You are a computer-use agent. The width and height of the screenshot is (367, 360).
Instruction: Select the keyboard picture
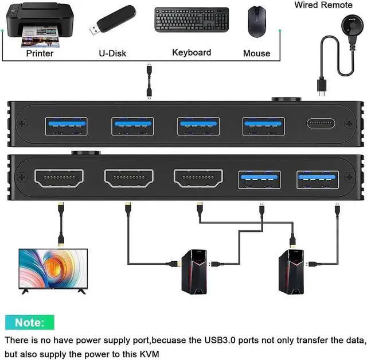pyautogui.click(x=191, y=20)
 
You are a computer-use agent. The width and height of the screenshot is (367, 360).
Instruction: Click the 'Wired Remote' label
pyautogui.click(x=324, y=5)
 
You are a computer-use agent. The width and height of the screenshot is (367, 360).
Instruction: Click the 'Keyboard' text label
pyautogui.click(x=192, y=53)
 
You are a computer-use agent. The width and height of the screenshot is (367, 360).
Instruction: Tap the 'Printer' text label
pyautogui.click(x=40, y=53)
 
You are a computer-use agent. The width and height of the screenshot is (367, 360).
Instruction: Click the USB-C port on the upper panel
pyautogui.click(x=318, y=124)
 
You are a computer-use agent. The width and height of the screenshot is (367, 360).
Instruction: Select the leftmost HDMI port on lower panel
pyautogui.click(x=59, y=179)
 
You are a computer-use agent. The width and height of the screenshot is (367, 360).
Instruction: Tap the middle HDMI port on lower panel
pyautogui.click(x=198, y=179)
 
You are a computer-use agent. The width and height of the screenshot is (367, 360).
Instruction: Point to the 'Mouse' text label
pyautogui.click(x=256, y=53)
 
